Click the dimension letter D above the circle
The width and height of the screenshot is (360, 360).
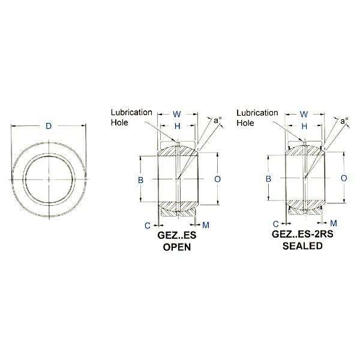pyautogui.click(x=49, y=126)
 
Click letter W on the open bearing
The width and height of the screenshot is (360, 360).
pyautogui.click(x=177, y=114)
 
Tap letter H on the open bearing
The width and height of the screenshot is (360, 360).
pyautogui.click(x=177, y=127)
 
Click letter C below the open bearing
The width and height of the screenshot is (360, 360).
pyautogui.click(x=146, y=225)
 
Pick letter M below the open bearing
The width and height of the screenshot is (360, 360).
pyautogui.click(x=205, y=225)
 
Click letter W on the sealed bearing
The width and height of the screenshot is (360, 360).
pyautogui.click(x=304, y=114)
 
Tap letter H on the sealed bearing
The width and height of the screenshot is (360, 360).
pyautogui.click(x=304, y=127)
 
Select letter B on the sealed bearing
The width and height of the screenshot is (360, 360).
pyautogui.click(x=269, y=179)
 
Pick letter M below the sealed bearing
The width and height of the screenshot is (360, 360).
pyautogui.click(x=334, y=223)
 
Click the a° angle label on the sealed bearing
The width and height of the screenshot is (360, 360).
pyautogui.click(x=344, y=121)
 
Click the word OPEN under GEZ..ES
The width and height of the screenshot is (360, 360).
pyautogui.click(x=176, y=247)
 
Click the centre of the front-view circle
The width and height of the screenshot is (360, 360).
pyautogui.click(x=49, y=179)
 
